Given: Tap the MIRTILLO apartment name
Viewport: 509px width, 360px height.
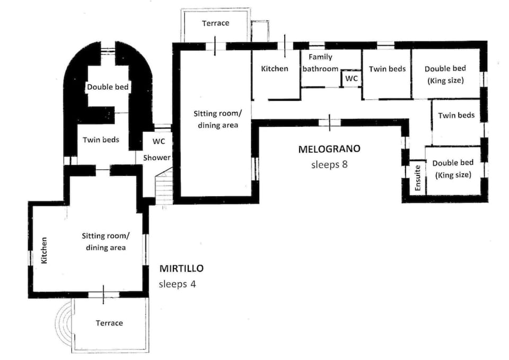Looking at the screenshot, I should (181, 269).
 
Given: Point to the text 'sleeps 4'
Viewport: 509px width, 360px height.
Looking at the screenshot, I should (177, 284).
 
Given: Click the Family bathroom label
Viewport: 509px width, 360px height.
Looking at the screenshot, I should (320, 63).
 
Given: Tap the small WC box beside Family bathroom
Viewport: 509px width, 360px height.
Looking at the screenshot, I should (351, 78).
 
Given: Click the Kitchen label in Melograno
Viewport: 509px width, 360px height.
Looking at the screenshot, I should (275, 68).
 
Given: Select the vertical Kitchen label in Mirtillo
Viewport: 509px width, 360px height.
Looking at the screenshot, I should (45, 251).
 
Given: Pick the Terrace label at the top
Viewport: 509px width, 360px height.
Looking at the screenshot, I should (215, 23).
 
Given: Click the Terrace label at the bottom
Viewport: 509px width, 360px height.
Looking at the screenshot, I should (109, 323).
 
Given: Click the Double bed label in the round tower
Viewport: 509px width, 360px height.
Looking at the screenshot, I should (108, 87).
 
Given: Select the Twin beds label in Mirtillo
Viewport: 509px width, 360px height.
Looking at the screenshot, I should (101, 140).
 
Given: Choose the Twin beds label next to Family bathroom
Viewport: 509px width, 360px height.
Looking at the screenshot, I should (387, 69).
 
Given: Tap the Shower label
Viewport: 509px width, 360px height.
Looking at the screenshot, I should (158, 157).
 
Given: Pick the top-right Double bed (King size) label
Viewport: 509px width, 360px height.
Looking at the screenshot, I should (445, 75).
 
